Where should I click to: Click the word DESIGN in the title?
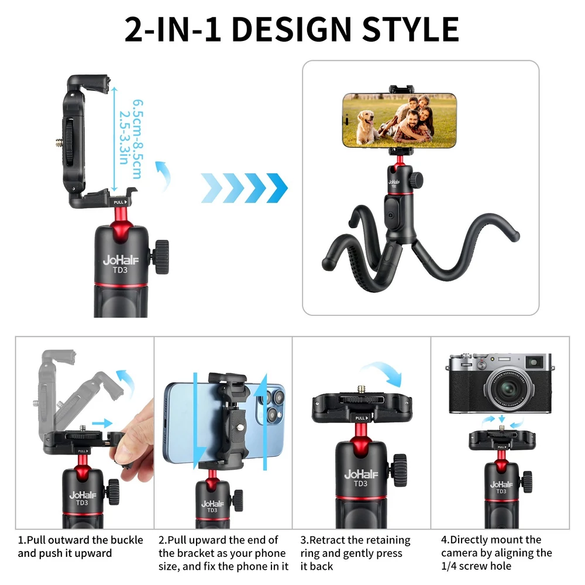pos(291,29)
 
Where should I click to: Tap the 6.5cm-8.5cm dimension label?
pos(137,139)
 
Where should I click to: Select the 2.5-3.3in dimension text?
pos(124,137)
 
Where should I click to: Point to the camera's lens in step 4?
pos(508,389)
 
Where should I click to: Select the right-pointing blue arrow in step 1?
pos(102,423)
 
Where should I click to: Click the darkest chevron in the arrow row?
pos(277,188)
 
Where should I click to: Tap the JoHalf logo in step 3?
pos(361,474)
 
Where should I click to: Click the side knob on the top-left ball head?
pos(160,257)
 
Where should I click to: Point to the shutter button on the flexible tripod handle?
pos(391,216)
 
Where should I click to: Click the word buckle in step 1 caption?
pos(124,540)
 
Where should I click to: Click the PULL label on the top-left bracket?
pos(120,202)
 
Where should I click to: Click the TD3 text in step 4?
pos(501,491)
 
